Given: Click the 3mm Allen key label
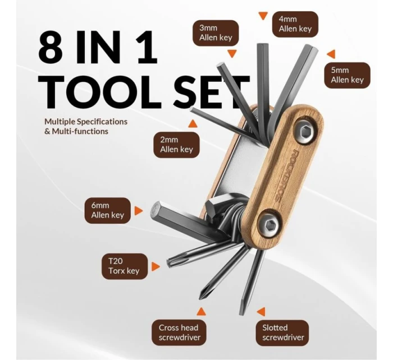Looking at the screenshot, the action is [216, 33].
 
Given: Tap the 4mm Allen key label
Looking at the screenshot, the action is [295, 24].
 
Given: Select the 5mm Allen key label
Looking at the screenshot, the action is [347, 75].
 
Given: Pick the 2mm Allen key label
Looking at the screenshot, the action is [176, 145].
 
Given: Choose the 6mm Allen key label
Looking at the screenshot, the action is [108, 210].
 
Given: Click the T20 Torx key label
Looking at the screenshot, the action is [125, 266].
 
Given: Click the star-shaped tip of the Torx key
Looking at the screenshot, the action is [170, 262].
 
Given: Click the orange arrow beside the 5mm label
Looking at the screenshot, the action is [331, 54].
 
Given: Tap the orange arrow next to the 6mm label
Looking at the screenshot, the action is [138, 211].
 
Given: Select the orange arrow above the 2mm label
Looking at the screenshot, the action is [193, 124].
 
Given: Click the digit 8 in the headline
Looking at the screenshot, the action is [51, 48].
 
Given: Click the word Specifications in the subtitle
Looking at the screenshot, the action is [102, 122].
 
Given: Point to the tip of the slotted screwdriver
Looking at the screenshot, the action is [241, 313].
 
